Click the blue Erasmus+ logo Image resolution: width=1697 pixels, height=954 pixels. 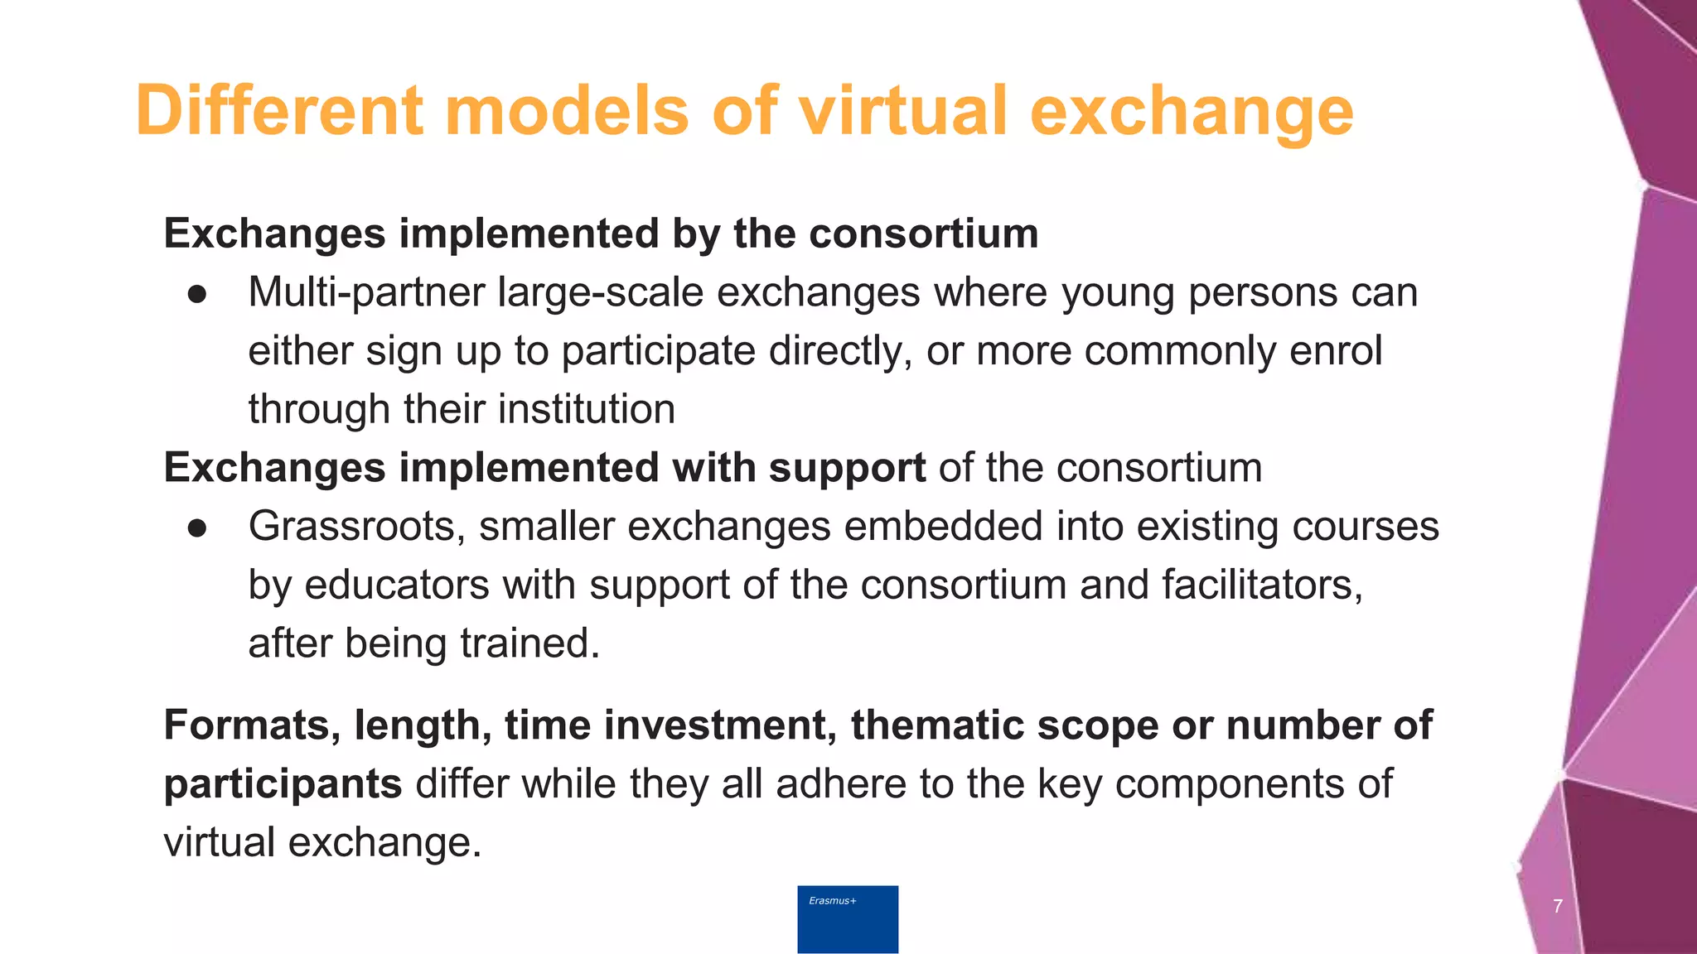coord(848,919)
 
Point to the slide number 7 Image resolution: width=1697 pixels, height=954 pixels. coord(1558,906)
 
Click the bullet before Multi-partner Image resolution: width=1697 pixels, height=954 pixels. coord(196,294)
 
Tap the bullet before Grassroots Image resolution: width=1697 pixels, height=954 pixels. coord(196,528)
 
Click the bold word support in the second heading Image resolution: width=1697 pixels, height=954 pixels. coord(847,469)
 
